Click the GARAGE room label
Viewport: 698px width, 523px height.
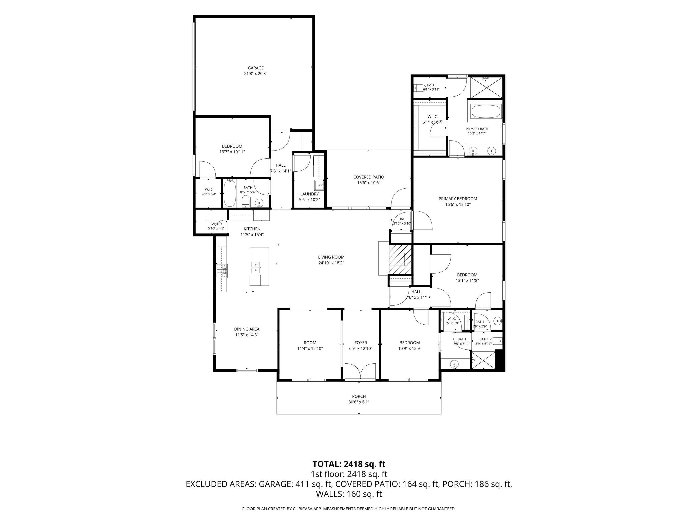(x=256, y=68)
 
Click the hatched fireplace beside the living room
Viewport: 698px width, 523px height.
(x=400, y=260)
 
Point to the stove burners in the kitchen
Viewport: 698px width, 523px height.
(x=222, y=271)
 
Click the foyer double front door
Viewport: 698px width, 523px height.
(x=360, y=371)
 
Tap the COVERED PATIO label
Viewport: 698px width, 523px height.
(x=369, y=177)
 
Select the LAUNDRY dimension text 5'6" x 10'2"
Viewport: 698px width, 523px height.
(x=309, y=200)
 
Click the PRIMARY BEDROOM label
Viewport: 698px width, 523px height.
(x=458, y=199)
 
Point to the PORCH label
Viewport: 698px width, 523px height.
(x=359, y=397)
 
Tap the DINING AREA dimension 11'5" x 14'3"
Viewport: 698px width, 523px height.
(x=247, y=335)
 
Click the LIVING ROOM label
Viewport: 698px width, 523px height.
(x=331, y=257)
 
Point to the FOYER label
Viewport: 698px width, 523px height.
(x=361, y=343)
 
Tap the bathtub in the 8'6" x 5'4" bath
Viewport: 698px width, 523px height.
(x=230, y=193)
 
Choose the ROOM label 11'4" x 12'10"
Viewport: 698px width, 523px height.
(x=310, y=343)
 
